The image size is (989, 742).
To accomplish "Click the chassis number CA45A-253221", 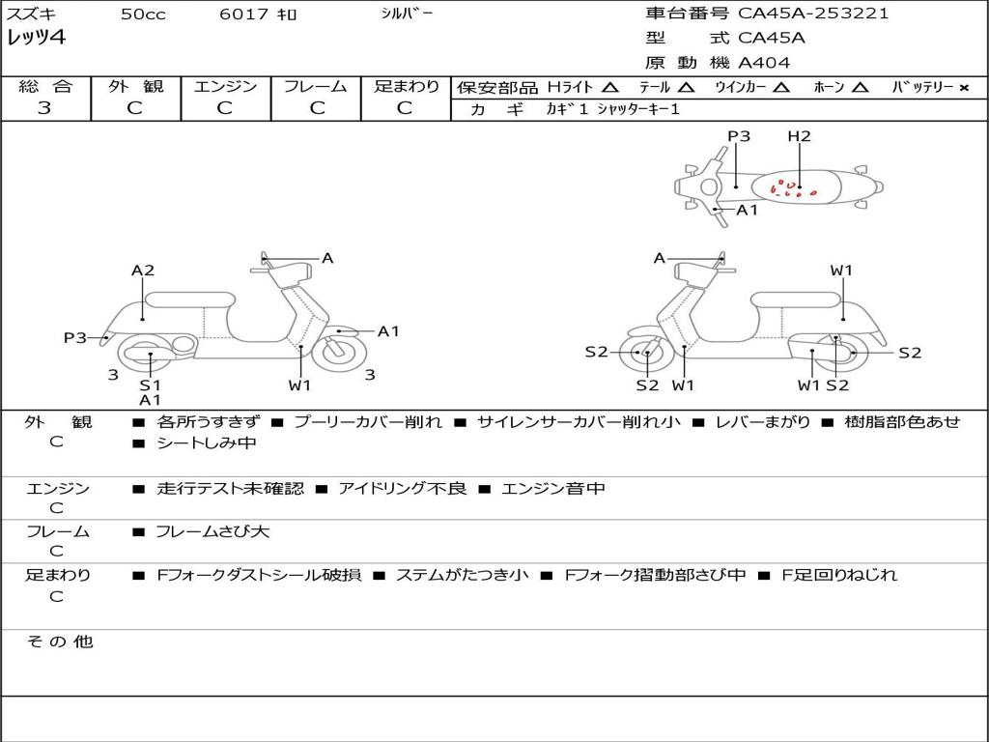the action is pyautogui.click(x=813, y=14).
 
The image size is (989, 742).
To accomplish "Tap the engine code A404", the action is pyautogui.click(x=764, y=63).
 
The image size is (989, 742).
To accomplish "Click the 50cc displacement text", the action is pyautogui.click(x=143, y=14).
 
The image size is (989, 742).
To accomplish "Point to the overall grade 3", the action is pyautogui.click(x=44, y=108).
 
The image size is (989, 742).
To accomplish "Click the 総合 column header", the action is pyautogui.click(x=45, y=86).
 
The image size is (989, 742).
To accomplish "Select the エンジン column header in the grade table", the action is pyautogui.click(x=225, y=86).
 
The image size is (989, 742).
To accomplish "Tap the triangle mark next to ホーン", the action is pyautogui.click(x=861, y=87).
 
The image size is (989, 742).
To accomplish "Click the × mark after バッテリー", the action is pyautogui.click(x=963, y=87).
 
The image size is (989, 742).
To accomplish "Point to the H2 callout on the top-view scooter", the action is pyautogui.click(x=799, y=136).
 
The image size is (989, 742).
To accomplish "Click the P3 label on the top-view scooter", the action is pyautogui.click(x=739, y=136).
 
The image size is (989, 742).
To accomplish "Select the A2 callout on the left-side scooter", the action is pyautogui.click(x=143, y=271).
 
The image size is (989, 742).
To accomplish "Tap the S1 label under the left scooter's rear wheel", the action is pyautogui.click(x=151, y=385).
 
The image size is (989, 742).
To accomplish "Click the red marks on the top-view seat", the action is pyautogui.click(x=792, y=188).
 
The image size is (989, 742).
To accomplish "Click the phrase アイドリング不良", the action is pyautogui.click(x=402, y=489).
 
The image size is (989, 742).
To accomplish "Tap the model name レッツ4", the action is pyautogui.click(x=36, y=39).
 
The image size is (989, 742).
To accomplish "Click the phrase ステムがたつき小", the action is pyautogui.click(x=462, y=575).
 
